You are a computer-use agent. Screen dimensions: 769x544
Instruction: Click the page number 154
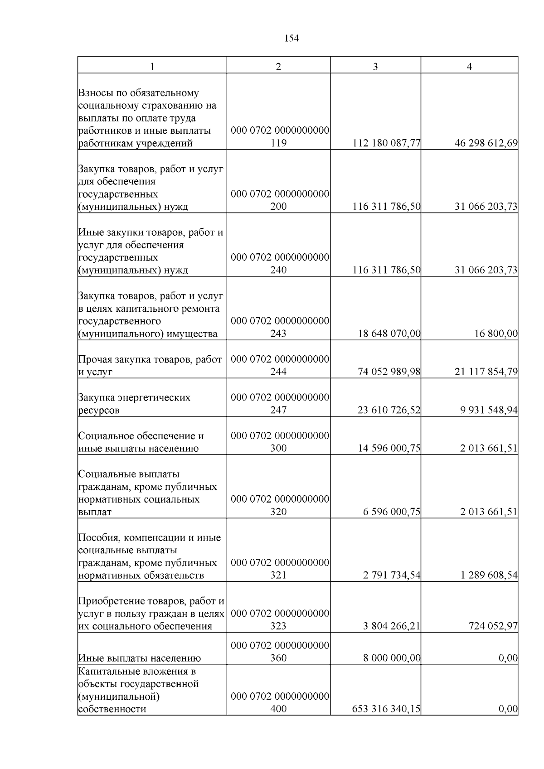click(x=291, y=39)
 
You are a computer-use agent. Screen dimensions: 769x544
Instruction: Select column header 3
click(x=375, y=67)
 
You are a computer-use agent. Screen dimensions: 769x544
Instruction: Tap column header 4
click(x=469, y=67)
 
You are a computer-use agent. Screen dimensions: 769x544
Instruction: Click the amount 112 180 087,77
click(x=387, y=144)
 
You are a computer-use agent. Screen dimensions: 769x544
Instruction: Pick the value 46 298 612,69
click(x=486, y=144)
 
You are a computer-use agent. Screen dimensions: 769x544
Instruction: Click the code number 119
click(x=278, y=144)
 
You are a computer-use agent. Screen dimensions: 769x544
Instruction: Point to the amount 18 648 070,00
click(x=389, y=334)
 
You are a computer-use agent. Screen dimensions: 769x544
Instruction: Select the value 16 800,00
click(x=496, y=334)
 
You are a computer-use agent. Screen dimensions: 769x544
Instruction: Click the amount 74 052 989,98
click(x=389, y=372)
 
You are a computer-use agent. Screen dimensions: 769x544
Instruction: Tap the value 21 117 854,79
click(x=486, y=372)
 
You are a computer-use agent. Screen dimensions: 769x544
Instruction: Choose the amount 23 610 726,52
click(x=389, y=411)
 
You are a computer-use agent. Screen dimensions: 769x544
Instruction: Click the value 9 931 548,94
click(x=489, y=411)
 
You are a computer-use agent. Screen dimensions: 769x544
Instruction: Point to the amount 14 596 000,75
click(x=389, y=449)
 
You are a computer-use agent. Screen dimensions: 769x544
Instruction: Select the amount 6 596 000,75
click(x=392, y=512)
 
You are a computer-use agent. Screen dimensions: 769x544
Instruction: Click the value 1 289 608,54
click(x=489, y=576)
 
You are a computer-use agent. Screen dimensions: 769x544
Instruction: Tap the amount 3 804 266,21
click(x=392, y=626)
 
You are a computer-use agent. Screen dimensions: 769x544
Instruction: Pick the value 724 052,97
click(x=493, y=626)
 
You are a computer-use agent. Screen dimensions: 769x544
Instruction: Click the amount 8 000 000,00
click(x=392, y=658)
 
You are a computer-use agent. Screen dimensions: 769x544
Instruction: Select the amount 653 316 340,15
click(x=387, y=709)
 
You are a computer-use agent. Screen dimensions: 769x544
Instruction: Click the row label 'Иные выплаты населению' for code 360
click(x=140, y=658)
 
